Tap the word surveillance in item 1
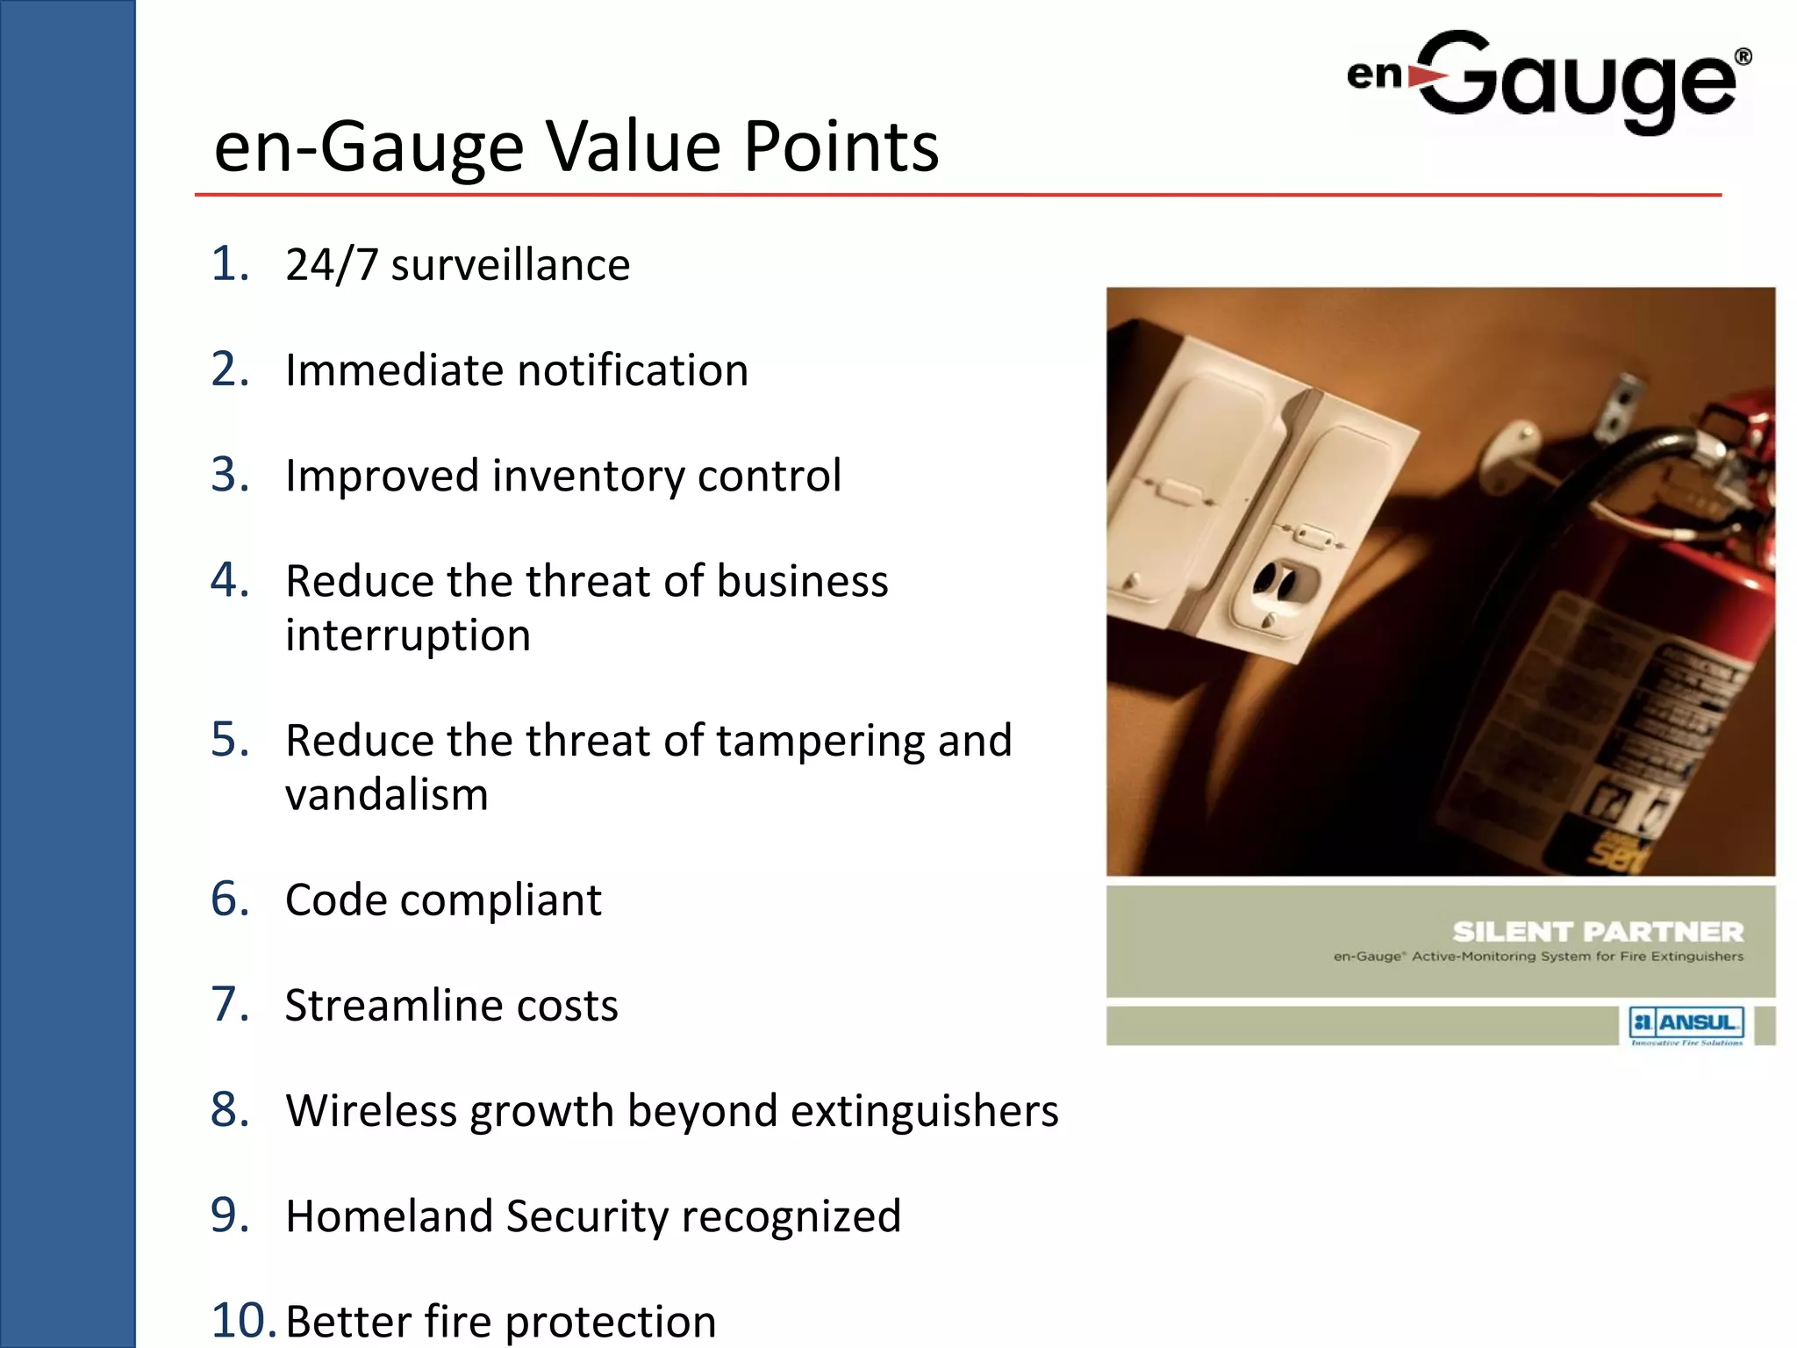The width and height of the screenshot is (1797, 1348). (x=510, y=265)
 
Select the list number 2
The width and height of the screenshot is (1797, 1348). (x=230, y=369)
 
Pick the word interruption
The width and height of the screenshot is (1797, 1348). (x=408, y=635)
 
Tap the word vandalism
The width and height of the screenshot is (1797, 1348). (x=386, y=794)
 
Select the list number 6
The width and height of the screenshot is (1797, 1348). (x=230, y=900)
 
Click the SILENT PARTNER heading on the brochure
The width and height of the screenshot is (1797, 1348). (x=1597, y=931)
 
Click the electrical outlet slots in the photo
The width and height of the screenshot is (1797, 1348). (x=1276, y=579)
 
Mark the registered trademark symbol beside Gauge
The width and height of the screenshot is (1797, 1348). (x=1743, y=57)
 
